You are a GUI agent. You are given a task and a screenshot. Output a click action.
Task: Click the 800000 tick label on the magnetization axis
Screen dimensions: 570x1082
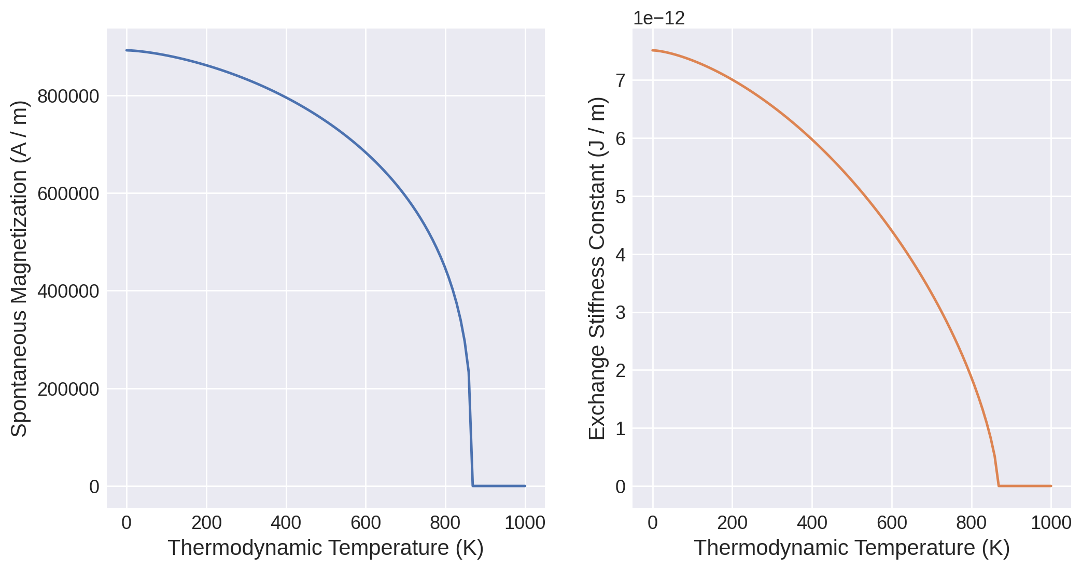(68, 96)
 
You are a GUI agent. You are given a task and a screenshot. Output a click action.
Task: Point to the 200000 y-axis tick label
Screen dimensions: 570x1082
(68, 389)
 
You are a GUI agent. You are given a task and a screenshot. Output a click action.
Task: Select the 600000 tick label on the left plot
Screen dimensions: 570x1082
(68, 194)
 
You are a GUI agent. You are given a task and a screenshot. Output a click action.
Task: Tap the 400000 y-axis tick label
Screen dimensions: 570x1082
(68, 291)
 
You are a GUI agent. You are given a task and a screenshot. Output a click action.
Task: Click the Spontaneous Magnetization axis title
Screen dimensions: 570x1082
(19, 269)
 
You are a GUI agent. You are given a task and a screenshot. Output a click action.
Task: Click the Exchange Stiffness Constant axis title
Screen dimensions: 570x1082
(597, 269)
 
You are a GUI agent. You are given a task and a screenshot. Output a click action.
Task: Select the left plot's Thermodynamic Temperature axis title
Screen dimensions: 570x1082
(326, 548)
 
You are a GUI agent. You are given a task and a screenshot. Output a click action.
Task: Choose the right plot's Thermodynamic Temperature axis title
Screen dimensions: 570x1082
(852, 548)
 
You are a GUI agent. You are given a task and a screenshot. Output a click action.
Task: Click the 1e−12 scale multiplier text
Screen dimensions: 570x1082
(659, 19)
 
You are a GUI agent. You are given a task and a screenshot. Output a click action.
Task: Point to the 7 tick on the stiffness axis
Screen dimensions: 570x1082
(621, 81)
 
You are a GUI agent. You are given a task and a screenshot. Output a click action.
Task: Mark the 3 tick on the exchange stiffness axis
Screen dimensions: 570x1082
(621, 313)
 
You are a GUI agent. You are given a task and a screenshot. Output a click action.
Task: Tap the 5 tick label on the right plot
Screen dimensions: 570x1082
(621, 197)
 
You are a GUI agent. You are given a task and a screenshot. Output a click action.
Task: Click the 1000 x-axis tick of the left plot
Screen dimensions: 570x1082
(525, 523)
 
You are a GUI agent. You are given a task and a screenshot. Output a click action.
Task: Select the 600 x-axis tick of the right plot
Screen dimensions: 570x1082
(892, 523)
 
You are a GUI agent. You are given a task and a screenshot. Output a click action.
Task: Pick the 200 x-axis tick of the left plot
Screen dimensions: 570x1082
(206, 523)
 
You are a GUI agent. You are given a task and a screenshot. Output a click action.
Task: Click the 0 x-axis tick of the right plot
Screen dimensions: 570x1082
(653, 523)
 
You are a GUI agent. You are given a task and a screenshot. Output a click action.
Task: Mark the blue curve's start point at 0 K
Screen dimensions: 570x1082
(127, 50)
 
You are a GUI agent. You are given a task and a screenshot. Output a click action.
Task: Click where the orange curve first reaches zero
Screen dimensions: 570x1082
(999, 486)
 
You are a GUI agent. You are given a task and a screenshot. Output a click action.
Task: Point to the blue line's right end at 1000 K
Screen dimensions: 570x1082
(525, 486)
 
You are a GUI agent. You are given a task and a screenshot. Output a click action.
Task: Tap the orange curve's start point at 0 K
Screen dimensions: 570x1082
(653, 50)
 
